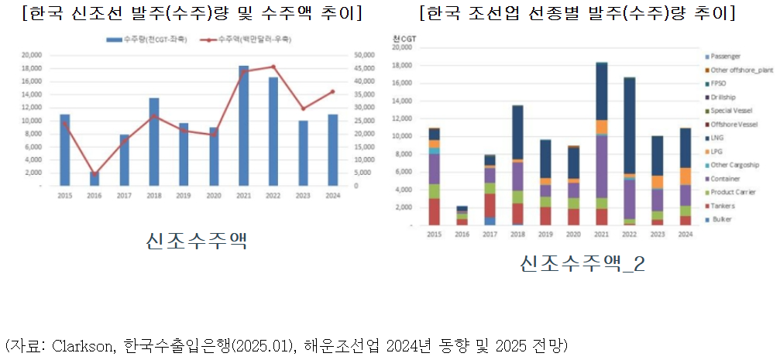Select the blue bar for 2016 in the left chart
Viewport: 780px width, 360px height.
[94, 179]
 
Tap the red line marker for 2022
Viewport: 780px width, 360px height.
[273, 67]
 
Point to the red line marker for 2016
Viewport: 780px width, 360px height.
[94, 174]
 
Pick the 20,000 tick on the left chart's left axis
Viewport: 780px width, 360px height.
[31, 55]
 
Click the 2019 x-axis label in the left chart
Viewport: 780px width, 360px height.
[184, 195]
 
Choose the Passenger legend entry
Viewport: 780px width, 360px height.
[725, 57]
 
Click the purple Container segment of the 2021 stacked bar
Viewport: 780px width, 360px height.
[601, 166]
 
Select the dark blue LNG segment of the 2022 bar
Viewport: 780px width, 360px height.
[630, 124]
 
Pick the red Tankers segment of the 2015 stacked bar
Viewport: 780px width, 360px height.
[435, 211]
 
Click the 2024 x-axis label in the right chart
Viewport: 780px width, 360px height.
[685, 235]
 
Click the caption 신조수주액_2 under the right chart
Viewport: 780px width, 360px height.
[583, 264]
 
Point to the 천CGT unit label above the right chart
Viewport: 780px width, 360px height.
[404, 38]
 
